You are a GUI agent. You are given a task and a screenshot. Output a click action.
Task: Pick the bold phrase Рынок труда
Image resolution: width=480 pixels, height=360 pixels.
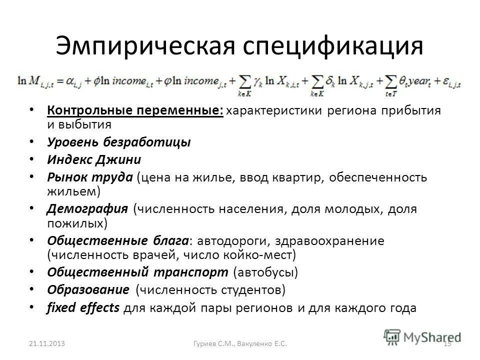(x=90, y=177)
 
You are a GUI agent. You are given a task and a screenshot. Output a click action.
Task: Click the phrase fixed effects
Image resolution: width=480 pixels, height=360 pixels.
(x=83, y=307)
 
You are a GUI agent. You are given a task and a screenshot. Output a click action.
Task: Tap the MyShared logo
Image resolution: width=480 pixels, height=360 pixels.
(x=422, y=336)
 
